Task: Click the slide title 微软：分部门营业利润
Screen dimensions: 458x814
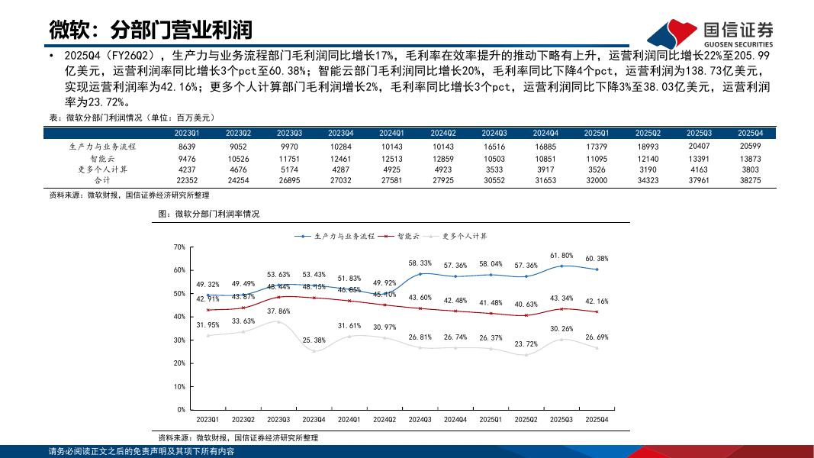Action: (151, 31)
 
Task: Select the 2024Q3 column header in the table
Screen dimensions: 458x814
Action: (494, 133)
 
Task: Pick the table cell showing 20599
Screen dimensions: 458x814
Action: (750, 147)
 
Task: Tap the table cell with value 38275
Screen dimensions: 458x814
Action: (750, 181)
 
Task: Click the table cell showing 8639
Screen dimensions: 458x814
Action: (187, 147)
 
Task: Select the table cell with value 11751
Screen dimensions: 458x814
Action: (289, 159)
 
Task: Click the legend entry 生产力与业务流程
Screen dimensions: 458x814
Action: (336, 237)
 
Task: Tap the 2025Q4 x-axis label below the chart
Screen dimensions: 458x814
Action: (597, 420)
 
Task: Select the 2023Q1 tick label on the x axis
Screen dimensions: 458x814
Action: (208, 420)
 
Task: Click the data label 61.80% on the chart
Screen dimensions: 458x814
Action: (561, 255)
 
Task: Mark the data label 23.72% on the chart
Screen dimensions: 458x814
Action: (526, 343)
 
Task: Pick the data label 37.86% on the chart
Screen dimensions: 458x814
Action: (278, 311)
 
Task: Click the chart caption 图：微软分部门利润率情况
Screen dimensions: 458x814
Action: (208, 214)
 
